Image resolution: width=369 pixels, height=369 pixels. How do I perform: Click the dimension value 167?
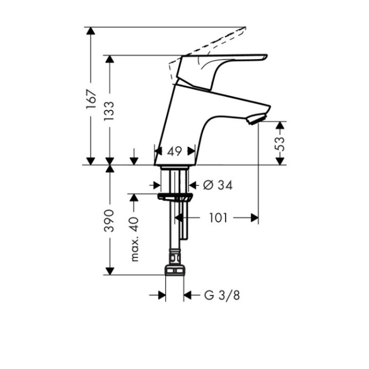(x=91, y=98)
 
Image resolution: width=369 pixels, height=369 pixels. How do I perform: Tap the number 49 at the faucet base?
(x=175, y=151)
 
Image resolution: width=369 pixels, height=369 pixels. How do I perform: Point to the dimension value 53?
(x=280, y=143)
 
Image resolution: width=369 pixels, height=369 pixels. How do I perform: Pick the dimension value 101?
(x=219, y=218)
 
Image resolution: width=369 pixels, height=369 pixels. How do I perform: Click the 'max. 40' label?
(x=135, y=238)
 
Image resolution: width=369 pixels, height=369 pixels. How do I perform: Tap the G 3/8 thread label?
(x=221, y=295)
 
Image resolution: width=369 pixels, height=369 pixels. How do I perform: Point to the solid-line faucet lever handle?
(x=225, y=60)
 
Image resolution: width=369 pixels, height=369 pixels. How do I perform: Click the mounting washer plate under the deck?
(x=174, y=197)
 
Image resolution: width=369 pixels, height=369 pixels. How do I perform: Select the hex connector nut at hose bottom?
(x=174, y=270)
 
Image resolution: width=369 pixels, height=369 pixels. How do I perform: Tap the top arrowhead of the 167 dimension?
(x=91, y=31)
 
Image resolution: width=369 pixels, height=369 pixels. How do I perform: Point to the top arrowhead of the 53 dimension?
(x=280, y=125)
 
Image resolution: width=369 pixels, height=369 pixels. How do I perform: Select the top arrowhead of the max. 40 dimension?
(x=135, y=198)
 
